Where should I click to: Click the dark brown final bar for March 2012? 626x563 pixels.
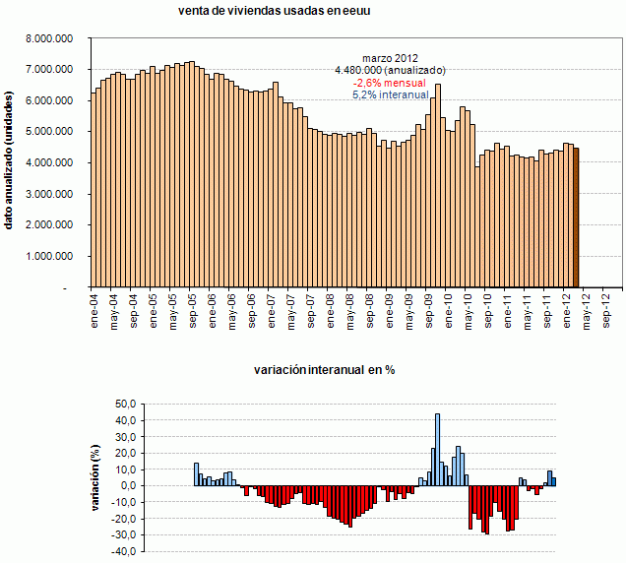point(576,217)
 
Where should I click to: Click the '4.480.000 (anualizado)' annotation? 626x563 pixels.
point(390,71)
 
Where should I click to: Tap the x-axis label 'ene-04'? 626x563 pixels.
point(94,309)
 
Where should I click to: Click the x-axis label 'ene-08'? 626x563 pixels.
point(331,309)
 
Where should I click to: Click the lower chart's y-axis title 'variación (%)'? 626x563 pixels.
point(96,477)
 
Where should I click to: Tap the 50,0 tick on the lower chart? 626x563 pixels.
point(124,405)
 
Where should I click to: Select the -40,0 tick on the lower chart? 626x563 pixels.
point(122,553)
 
